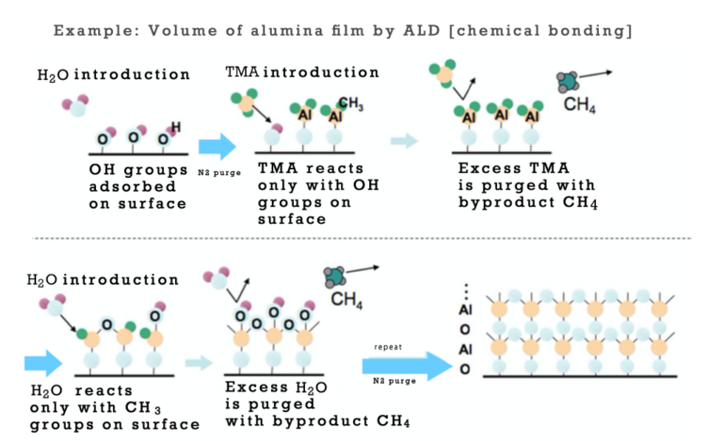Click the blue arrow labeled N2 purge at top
point(218,147)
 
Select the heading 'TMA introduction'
point(302,72)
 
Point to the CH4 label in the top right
point(576,104)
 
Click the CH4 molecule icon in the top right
point(568,81)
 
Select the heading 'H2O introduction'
point(103,279)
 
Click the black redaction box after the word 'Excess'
point(315,386)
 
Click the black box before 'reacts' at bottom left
point(47,389)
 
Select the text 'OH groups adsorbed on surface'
point(137,185)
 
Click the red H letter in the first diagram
point(176,127)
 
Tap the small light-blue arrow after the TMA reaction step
point(404,141)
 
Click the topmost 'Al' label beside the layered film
point(461,309)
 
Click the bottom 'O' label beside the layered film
point(461,368)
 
